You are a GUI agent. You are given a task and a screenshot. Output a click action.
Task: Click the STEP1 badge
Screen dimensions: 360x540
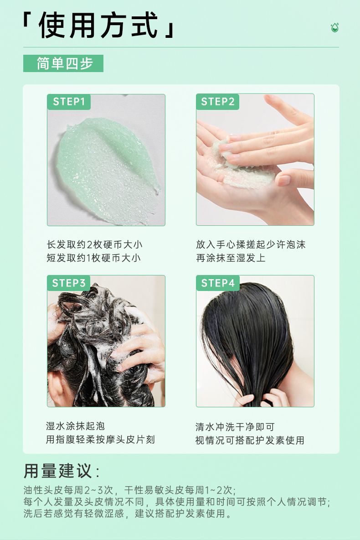tap(69, 102)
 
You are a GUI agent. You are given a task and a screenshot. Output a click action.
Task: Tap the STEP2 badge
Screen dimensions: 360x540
tap(217, 102)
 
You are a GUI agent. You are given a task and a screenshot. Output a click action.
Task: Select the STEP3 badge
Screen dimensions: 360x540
tap(69, 283)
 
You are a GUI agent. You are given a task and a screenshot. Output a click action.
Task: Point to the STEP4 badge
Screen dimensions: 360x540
tap(217, 283)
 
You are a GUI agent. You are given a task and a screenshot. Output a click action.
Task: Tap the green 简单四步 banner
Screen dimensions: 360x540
tap(63, 63)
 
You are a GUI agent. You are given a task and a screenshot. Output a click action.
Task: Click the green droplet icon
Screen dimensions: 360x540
tap(334, 27)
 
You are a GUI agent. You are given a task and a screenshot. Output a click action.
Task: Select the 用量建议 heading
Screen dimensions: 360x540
tap(61, 471)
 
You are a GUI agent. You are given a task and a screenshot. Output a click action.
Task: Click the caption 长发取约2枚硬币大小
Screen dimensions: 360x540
tap(95, 244)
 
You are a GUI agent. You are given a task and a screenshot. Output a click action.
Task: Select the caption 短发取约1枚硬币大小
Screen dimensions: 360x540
tap(93, 258)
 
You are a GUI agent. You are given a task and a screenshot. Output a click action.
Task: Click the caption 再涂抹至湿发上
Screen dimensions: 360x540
tap(231, 258)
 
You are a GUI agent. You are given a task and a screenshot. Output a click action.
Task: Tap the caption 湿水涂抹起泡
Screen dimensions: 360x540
tap(75, 426)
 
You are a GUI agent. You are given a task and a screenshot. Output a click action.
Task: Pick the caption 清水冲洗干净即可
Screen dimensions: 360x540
tap(235, 427)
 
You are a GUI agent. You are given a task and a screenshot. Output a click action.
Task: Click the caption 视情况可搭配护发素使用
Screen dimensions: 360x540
tap(250, 440)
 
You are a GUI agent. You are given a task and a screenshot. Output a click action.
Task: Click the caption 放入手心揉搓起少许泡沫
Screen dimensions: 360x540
tap(251, 244)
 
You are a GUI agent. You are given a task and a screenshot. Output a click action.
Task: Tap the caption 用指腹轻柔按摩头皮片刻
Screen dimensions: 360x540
tap(101, 440)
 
